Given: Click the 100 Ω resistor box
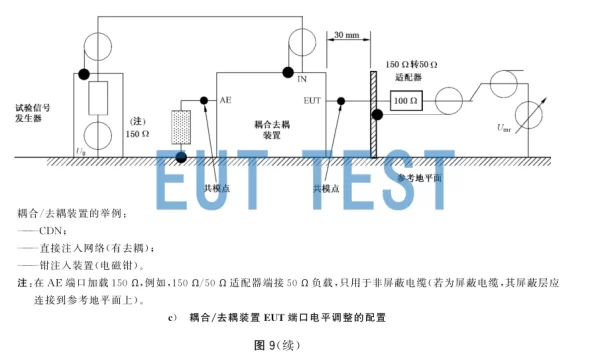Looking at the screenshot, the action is click(405, 101).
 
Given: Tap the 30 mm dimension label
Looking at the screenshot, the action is click(346, 36).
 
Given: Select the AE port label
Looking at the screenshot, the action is click(226, 101).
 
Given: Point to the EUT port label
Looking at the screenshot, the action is click(311, 101).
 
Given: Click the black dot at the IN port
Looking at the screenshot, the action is click(287, 73).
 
